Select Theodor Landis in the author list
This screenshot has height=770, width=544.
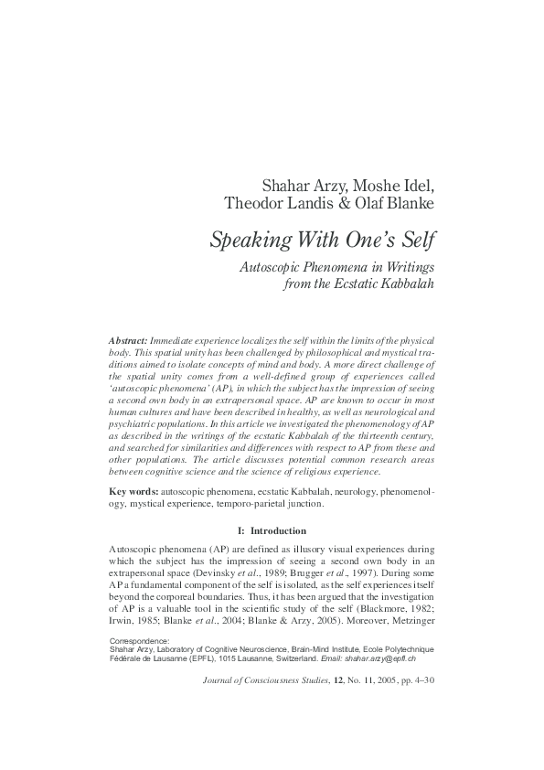coord(277,208)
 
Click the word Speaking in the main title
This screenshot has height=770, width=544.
coord(246,241)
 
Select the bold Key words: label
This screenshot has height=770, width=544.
coord(132,492)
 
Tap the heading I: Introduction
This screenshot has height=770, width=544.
coord(272,530)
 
